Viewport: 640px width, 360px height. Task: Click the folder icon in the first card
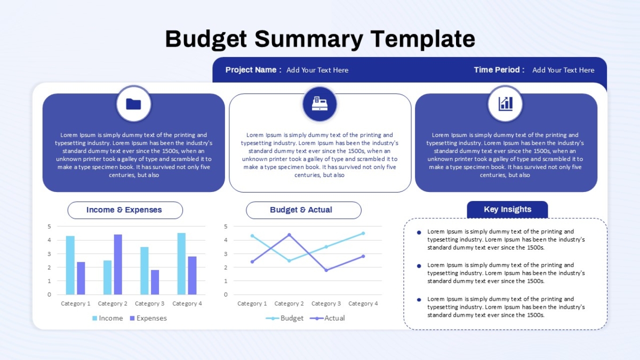coord(133,104)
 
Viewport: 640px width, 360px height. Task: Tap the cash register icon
coord(319,103)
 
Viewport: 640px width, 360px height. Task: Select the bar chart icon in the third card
coord(506,103)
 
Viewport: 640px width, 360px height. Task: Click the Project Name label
coord(253,70)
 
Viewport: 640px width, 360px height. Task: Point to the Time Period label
coord(499,70)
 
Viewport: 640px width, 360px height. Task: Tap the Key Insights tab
coord(507,210)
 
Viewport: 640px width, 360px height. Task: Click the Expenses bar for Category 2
coord(118,265)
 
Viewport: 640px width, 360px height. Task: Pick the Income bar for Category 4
coord(181,263)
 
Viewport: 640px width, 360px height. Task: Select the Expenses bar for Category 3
coord(155,282)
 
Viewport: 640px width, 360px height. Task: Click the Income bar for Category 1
coord(70,265)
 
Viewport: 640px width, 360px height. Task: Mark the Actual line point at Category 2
coord(289,235)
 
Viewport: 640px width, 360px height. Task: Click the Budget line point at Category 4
coord(363,233)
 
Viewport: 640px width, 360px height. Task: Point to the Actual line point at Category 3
coord(326,270)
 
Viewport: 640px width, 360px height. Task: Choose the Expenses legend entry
coord(148,318)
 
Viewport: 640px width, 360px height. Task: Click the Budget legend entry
coord(285,318)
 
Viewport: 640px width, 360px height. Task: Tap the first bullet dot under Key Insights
coord(419,233)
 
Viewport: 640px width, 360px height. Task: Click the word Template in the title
coord(423,39)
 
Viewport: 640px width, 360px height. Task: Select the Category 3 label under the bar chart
coord(149,303)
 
